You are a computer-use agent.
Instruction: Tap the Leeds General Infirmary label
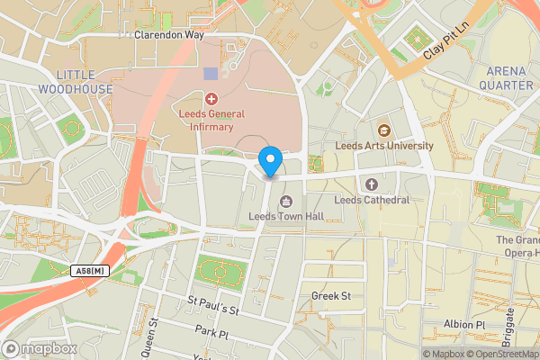tap(211, 121)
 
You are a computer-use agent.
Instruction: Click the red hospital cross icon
tap(211, 98)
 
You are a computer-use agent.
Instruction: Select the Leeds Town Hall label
tap(285, 217)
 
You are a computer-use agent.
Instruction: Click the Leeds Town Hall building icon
tap(286, 201)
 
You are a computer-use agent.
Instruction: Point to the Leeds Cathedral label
tap(372, 200)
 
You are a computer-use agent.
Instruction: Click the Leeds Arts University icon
tap(383, 129)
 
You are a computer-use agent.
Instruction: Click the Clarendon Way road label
tap(169, 36)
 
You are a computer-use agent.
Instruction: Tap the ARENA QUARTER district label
tap(509, 77)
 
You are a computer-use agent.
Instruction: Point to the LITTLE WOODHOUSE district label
tap(76, 81)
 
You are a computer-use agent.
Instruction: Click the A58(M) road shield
tap(90, 270)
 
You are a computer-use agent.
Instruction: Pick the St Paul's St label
tap(212, 305)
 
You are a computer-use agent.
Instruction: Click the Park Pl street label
tap(212, 332)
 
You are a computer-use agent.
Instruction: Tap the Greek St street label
tap(330, 295)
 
